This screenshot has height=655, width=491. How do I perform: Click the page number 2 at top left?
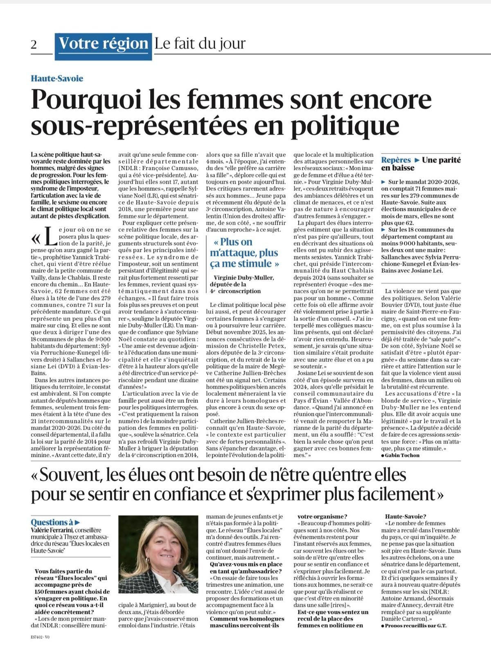[34, 44]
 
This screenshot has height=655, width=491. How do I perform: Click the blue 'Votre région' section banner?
[103, 43]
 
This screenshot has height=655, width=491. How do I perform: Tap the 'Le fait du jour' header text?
[200, 43]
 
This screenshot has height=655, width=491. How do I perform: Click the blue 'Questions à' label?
[53, 522]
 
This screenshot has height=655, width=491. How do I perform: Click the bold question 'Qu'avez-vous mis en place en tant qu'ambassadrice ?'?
[245, 568]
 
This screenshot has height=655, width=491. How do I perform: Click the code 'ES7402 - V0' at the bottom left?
[40, 637]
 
